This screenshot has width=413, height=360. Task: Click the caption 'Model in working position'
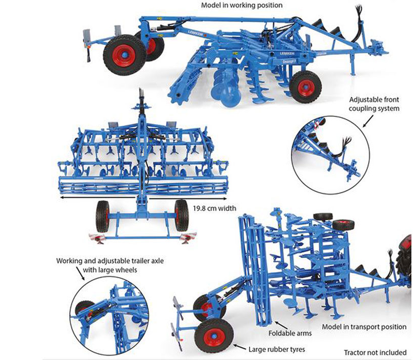point(242,5)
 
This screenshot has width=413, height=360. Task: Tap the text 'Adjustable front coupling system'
point(374,104)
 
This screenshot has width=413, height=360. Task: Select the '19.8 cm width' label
point(215,208)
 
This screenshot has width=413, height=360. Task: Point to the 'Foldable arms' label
point(290,333)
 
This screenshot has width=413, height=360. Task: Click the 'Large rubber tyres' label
point(277,349)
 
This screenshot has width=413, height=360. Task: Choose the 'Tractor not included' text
point(375,352)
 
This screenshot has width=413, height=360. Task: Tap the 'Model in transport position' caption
point(364,327)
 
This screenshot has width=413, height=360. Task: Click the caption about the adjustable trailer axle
point(110,265)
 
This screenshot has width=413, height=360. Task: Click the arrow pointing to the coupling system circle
point(368,121)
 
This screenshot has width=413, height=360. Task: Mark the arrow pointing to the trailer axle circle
point(80,274)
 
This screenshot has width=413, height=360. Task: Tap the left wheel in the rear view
point(102,216)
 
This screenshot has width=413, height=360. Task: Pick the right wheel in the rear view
point(182,215)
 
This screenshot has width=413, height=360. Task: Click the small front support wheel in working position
point(306,86)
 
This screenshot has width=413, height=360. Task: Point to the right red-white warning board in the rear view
point(188,237)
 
